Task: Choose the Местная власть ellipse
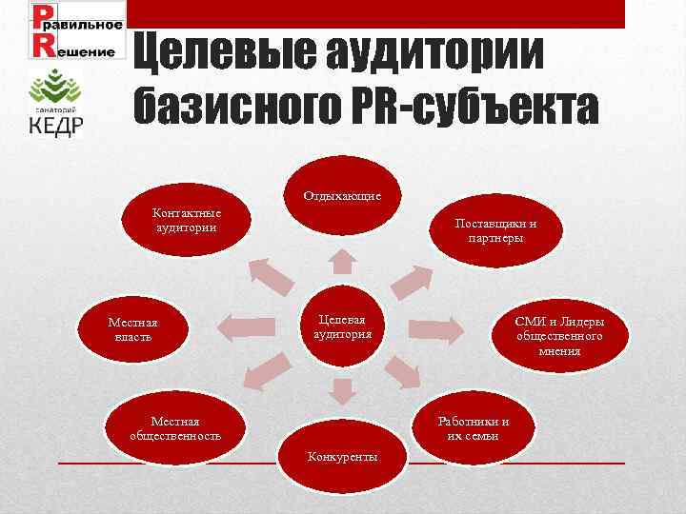(x=132, y=329)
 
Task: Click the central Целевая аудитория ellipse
(x=342, y=326)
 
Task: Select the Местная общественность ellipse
(x=175, y=428)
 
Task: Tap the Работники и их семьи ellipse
(x=473, y=428)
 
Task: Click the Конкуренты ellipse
(x=342, y=456)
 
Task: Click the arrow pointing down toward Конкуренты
(x=342, y=390)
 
